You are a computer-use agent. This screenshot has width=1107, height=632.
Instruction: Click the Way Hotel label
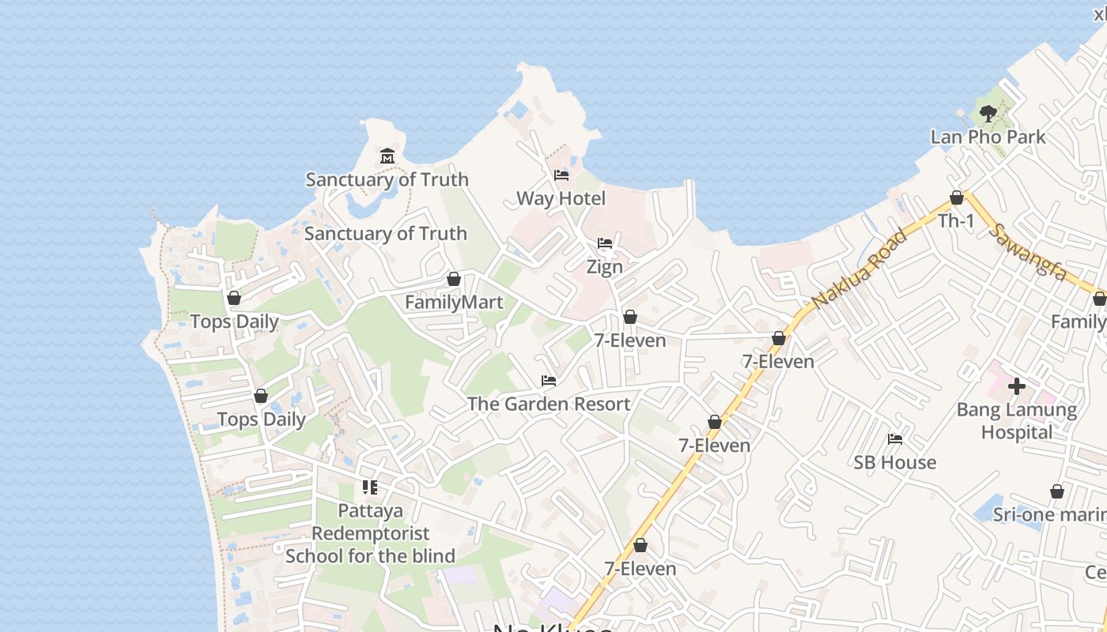pos(561,198)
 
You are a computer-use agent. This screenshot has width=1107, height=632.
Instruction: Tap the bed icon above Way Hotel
pos(561,175)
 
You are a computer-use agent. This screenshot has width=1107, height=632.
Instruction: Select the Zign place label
pos(604,267)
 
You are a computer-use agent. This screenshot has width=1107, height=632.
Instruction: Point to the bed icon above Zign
pos(605,243)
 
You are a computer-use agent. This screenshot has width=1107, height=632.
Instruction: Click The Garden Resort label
pos(549,404)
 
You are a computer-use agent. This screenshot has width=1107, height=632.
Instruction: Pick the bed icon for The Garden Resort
pos(549,381)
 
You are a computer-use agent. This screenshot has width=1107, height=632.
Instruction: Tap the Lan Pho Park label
pos(988,137)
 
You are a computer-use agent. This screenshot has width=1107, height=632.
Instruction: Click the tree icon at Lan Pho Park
pos(988,114)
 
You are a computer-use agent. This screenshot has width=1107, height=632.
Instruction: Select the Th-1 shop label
pos(956,221)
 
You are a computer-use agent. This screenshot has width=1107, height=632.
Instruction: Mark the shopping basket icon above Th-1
pos(957,197)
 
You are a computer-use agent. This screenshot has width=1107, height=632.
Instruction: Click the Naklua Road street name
pos(860,269)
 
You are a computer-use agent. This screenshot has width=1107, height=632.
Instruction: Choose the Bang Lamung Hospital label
pos(1017,421)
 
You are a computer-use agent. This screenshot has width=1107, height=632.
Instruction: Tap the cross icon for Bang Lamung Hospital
pos(1017,386)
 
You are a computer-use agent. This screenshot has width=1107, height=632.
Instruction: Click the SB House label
pos(895,462)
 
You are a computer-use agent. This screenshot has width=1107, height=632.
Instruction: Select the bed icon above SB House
pos(895,439)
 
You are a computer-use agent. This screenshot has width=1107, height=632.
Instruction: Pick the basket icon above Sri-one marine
pos(1056,492)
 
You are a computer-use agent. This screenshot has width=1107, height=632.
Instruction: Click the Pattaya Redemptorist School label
pos(370,533)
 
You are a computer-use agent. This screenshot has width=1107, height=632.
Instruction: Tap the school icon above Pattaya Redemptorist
pos(370,487)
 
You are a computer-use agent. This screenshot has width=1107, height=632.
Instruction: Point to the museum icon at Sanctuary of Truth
pos(387,156)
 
